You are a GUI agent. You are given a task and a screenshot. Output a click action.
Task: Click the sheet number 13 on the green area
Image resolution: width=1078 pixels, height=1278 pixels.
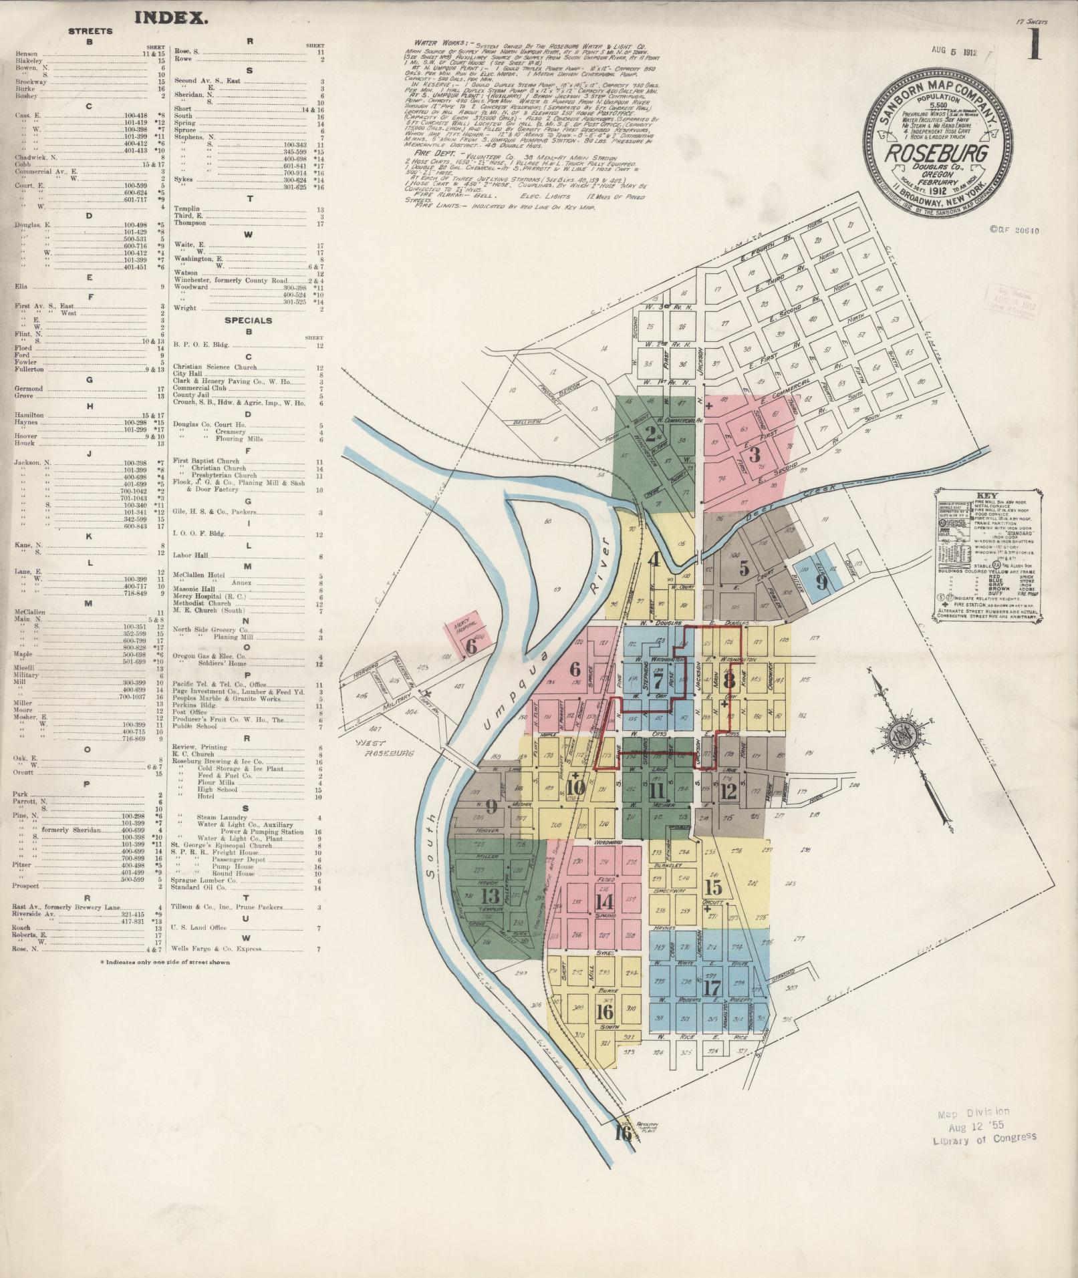click(x=491, y=896)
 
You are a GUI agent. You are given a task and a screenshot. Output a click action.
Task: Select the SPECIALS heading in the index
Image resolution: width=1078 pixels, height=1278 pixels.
click(x=249, y=320)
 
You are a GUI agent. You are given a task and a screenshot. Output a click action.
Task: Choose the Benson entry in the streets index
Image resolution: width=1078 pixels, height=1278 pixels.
click(x=27, y=53)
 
